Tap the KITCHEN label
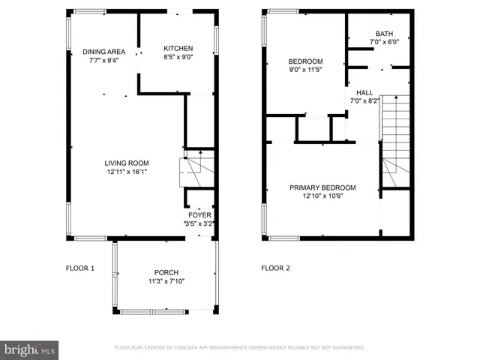178,48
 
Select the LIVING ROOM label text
126,163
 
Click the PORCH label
166,272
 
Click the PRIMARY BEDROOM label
324,187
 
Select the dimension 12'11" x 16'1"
126,172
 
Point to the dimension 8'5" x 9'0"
178,57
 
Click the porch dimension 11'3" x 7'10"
166,281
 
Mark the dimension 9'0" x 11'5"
306,70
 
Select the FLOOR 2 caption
275,268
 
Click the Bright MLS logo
30,349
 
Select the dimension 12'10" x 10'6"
324,196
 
